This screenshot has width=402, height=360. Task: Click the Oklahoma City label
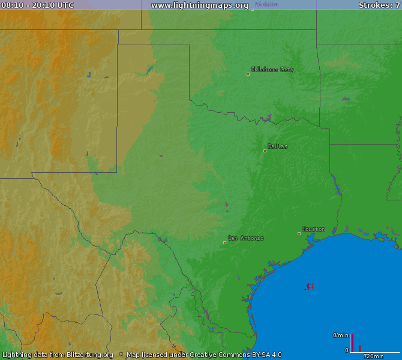coord(272,70)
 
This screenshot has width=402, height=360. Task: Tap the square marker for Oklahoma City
coord(248,74)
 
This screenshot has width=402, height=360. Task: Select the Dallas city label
coord(277,146)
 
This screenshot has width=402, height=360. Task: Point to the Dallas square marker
coord(265,151)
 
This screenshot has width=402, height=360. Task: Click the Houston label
coord(313,229)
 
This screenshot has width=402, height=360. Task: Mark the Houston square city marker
coord(299,233)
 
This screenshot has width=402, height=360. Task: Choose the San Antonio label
coord(245,238)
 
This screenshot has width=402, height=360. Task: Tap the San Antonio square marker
coord(225,242)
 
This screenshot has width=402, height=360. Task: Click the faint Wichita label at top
coord(266,5)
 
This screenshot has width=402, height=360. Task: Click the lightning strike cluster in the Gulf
coord(309,287)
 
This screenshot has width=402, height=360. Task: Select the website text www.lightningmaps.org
coord(200,5)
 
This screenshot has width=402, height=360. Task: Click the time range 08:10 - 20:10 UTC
coord(38,5)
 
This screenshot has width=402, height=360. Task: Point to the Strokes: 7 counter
coord(379,5)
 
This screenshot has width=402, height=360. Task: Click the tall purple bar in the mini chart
coord(352,343)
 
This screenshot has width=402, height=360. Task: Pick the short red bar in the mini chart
coord(359,349)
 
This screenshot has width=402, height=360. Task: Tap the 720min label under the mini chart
coord(374,356)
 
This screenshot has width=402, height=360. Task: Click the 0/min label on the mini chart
coord(340,335)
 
